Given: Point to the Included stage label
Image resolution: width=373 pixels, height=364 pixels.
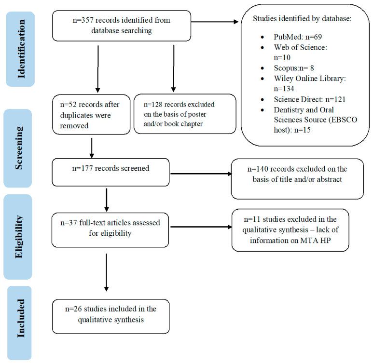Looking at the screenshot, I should [19, 323].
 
